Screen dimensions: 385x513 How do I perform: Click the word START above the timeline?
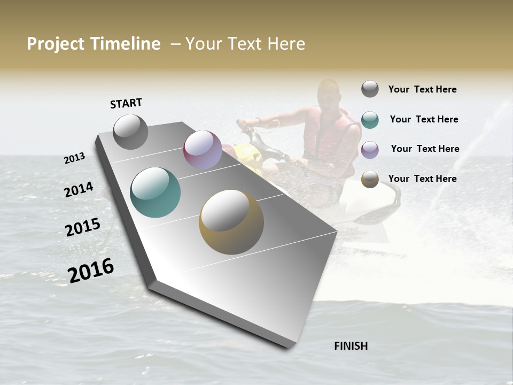pos(126,103)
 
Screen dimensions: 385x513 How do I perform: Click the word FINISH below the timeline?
pos(351,346)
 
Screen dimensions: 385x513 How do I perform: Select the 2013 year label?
pos(74,158)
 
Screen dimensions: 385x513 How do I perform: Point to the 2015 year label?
pos(83,227)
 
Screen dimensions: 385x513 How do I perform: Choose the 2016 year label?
pos(91,271)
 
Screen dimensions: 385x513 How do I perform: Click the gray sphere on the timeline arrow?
pos(130,132)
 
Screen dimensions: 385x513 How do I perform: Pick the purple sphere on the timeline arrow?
pos(203,150)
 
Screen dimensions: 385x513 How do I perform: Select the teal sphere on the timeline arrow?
pos(155,192)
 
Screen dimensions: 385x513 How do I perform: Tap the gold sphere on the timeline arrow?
pos(231,222)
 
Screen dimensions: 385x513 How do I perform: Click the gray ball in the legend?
pos(370,89)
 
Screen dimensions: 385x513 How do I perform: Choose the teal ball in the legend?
pos(370,119)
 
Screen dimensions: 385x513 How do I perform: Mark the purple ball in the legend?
pos(370,149)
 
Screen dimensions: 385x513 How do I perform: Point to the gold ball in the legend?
pos(370,179)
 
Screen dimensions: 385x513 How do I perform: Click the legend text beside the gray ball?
pos(422,89)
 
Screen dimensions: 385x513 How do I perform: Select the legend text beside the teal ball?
pos(424,119)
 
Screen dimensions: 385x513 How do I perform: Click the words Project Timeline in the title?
pos(94,44)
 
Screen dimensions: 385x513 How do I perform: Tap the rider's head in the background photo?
pos(327,93)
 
